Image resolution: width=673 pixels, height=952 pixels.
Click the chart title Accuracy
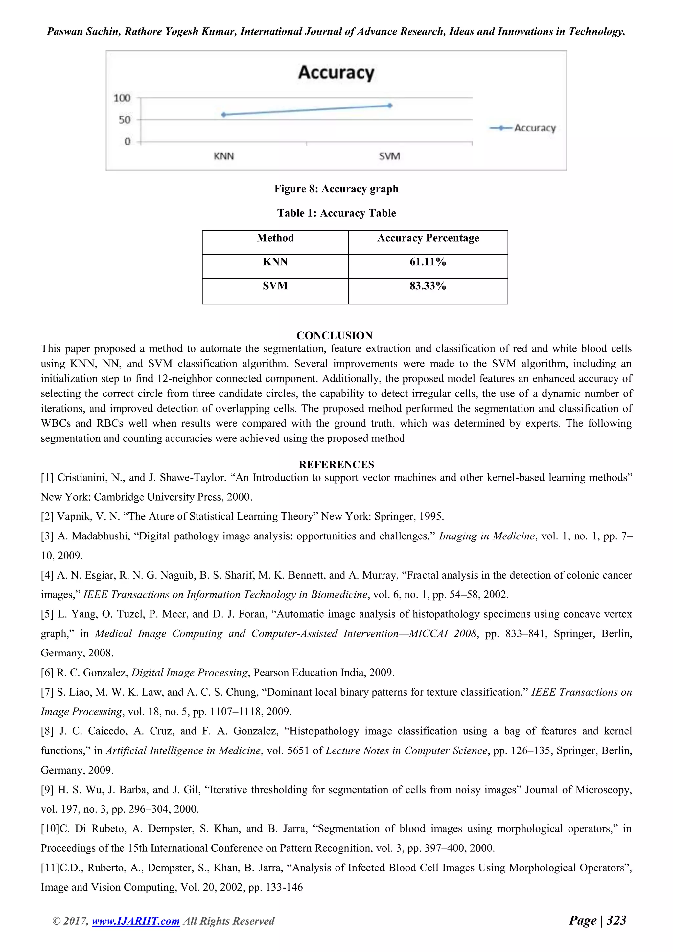[x=336, y=73]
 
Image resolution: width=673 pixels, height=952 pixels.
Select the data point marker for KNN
[x=224, y=115]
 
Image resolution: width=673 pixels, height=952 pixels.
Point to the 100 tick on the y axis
[x=122, y=98]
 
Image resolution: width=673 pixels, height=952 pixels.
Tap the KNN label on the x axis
[x=224, y=156]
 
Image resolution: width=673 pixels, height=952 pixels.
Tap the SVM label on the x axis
[x=389, y=156]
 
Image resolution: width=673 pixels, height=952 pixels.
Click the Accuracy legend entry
[x=523, y=128]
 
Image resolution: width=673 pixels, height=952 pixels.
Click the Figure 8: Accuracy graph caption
[x=336, y=189]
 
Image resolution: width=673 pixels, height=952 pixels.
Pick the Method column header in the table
[x=275, y=238]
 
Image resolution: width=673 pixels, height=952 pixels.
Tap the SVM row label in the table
[x=275, y=286]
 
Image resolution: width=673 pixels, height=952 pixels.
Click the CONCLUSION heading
[x=335, y=335]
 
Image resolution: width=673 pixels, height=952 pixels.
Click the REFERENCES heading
[x=336, y=464]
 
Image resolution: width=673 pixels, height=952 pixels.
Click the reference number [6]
[x=47, y=673]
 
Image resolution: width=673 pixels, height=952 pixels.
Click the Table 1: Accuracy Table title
[x=336, y=213]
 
